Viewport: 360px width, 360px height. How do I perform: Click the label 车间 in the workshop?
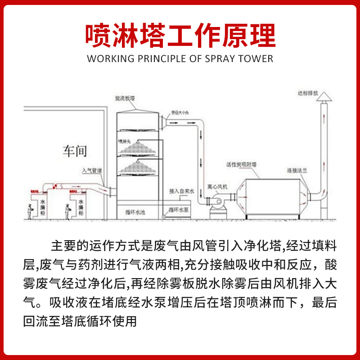tap(75, 151)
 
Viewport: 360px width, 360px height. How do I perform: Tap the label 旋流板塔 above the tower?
tap(126, 98)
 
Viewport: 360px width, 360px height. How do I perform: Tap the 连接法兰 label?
tap(297, 171)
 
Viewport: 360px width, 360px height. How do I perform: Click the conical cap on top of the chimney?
tap(324, 97)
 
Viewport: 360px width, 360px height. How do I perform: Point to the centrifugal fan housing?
tap(217, 201)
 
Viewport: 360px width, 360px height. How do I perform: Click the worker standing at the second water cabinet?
tap(67, 211)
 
